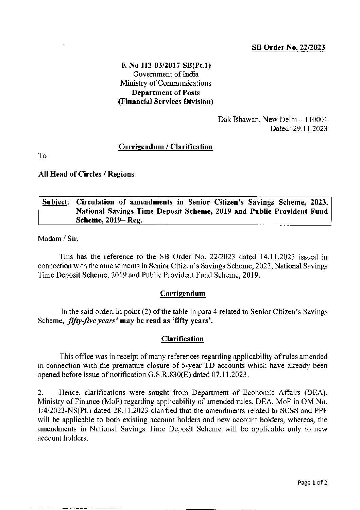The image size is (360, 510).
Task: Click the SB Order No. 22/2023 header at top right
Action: pyautogui.click(x=288, y=48)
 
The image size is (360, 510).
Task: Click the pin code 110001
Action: pyautogui.click(x=316, y=120)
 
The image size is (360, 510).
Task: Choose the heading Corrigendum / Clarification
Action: pyautogui.click(x=165, y=147)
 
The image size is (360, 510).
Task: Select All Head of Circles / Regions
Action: pyautogui.click(x=86, y=174)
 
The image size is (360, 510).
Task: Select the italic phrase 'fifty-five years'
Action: pyautogui.click(x=93, y=320)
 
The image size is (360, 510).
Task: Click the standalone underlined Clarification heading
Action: pyautogui.click(x=183, y=339)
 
